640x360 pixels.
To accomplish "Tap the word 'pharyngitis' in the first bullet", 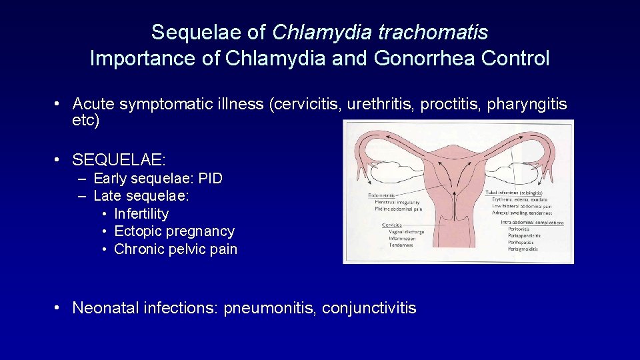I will (x=527, y=104).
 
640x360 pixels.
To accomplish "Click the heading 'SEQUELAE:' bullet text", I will (x=119, y=160).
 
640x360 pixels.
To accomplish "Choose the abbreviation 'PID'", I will (x=209, y=179).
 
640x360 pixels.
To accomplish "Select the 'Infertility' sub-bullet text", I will (x=141, y=214).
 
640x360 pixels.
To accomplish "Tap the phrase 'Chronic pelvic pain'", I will (x=176, y=249).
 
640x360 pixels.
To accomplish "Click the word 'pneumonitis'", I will (x=270, y=308).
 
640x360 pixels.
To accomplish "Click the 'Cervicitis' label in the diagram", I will (x=393, y=225).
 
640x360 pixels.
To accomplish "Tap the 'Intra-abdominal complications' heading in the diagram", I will (x=531, y=223).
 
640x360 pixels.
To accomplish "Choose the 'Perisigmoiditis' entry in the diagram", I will (x=523, y=249).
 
